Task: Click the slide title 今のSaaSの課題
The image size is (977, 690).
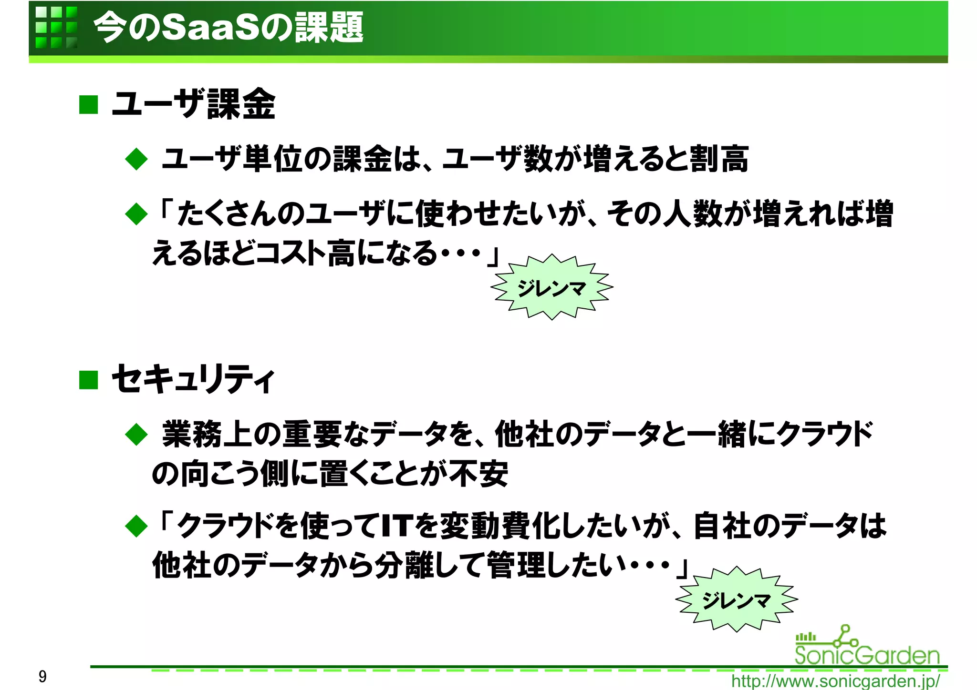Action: (228, 27)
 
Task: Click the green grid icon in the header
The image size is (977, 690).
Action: (56, 27)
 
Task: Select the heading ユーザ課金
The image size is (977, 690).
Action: (193, 104)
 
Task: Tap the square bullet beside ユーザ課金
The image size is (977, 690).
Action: (88, 105)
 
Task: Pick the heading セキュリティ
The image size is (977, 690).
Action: (193, 379)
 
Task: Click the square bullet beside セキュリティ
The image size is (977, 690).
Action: (88, 380)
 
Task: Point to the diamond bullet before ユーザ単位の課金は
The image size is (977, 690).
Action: (136, 159)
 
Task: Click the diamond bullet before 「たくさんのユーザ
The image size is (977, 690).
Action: (136, 214)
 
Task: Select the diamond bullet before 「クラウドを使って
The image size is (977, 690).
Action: (136, 526)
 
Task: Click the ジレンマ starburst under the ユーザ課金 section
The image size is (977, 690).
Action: (552, 287)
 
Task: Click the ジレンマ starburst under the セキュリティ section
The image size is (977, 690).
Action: (737, 599)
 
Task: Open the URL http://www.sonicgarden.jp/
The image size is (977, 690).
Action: (835, 681)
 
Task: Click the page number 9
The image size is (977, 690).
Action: (42, 676)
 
